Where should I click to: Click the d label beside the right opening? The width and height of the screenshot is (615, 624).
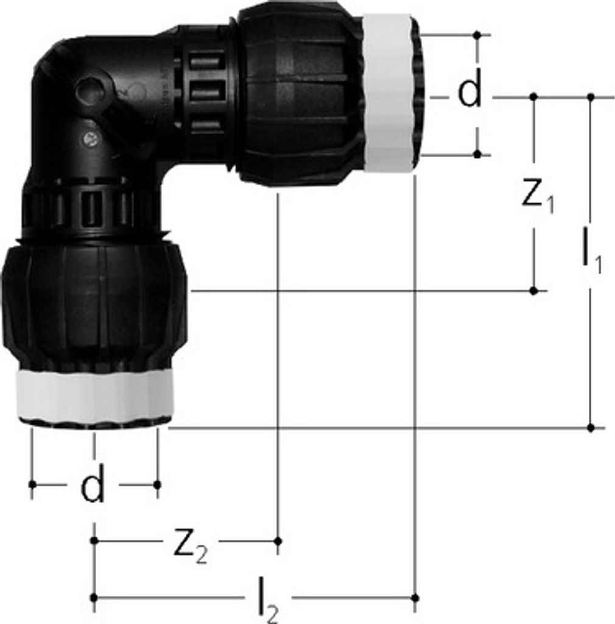pos(469,88)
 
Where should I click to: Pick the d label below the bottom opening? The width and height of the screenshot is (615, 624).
pos(92,483)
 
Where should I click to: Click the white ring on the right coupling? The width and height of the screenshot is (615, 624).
pos(388,93)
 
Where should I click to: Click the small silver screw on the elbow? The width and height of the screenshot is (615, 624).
pos(93,138)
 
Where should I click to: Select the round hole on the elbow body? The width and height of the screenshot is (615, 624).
pos(90,90)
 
